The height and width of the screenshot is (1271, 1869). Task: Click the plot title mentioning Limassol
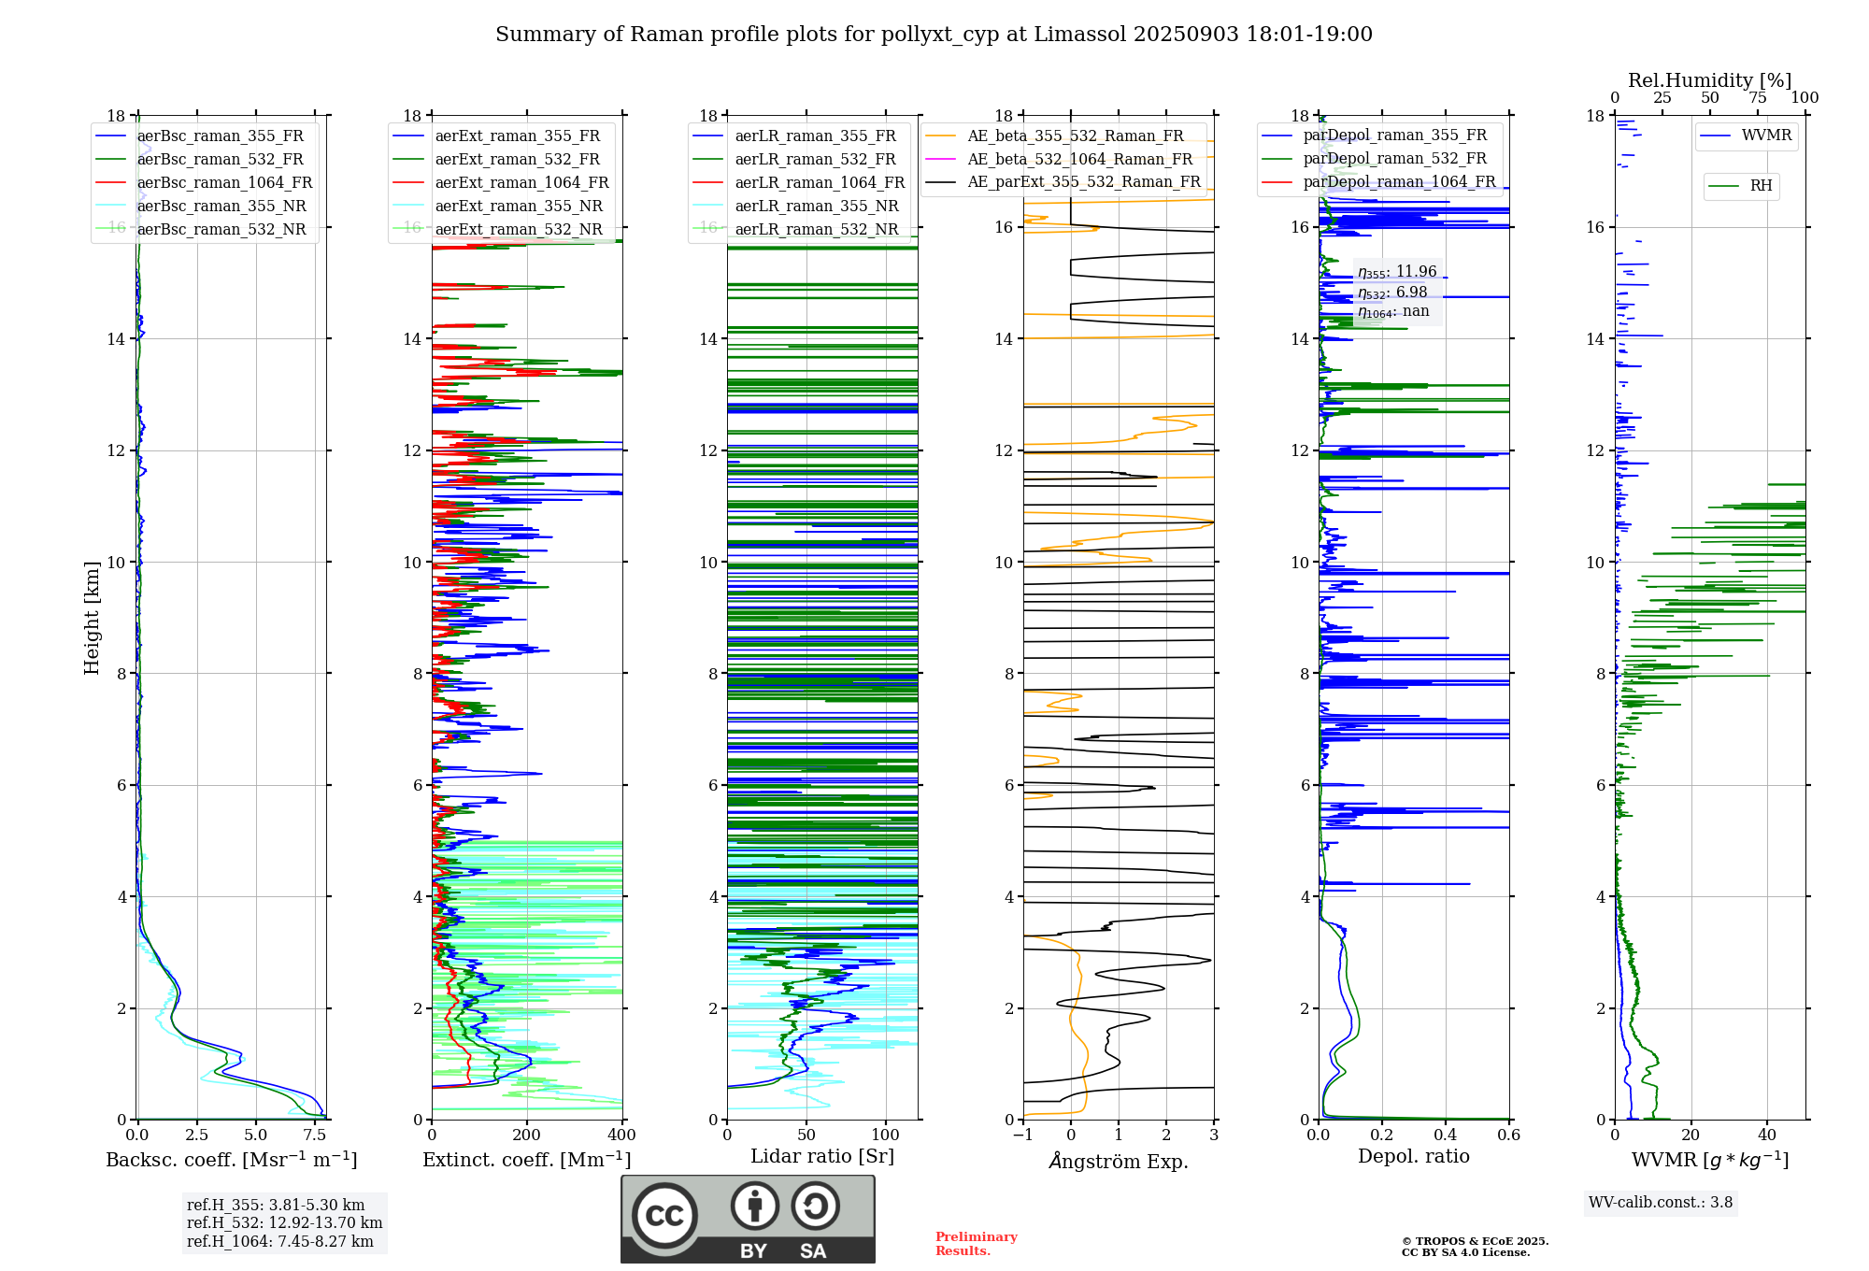coord(934,35)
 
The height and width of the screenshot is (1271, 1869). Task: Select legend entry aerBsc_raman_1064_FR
coord(224,183)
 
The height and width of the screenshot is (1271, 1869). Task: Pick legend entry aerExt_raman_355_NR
coord(519,207)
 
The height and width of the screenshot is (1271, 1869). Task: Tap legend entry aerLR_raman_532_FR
coord(815,160)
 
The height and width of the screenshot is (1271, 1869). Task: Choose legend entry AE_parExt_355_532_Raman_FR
coord(1083,182)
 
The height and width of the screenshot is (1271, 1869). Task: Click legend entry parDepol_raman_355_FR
coord(1394,136)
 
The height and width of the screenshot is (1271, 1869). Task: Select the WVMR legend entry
coord(1766,136)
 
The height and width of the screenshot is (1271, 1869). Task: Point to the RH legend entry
coord(1761,186)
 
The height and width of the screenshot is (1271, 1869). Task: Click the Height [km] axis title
coord(92,617)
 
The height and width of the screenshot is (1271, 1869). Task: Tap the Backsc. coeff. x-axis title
coord(231,1160)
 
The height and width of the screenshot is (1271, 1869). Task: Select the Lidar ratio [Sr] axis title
coord(822,1157)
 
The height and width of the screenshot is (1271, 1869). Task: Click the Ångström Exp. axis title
coord(1119,1162)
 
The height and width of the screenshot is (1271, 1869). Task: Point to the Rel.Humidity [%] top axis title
coord(1709,80)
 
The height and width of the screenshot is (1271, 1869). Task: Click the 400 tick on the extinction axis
coord(621,1135)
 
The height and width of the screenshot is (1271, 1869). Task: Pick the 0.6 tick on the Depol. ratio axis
coord(1508,1135)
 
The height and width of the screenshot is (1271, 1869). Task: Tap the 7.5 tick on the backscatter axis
coord(315,1135)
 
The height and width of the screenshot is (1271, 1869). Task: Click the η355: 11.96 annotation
coord(1397,272)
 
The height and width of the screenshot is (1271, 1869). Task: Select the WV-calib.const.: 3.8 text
coord(1660,1203)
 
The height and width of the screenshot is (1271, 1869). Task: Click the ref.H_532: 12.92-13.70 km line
coord(284,1223)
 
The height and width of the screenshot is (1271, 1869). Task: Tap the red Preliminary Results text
coord(976,1244)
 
